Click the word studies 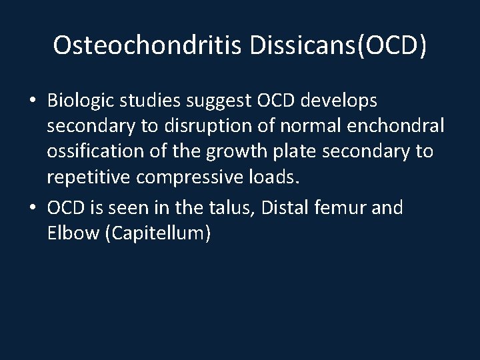(154, 101)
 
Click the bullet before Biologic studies (33, 101)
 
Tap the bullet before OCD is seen (33, 209)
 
